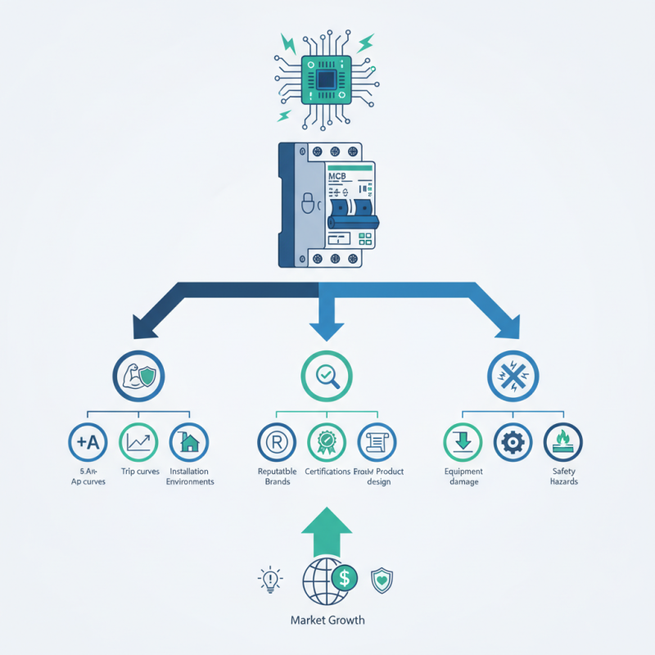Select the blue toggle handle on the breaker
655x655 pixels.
tap(351, 219)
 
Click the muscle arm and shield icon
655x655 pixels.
tap(138, 376)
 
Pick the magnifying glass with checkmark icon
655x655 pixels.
tap(327, 376)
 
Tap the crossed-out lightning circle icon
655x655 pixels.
tap(513, 376)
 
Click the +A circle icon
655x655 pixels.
tap(88, 443)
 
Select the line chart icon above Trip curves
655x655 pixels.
tap(138, 443)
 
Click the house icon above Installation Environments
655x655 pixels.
tap(189, 443)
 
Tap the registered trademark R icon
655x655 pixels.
tap(276, 443)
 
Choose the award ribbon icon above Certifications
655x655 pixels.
tap(326, 443)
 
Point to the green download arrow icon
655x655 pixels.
tap(463, 443)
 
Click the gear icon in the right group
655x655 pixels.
tap(513, 443)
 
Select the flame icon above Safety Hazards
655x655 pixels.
tap(563, 443)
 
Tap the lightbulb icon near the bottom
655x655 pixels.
tap(269, 580)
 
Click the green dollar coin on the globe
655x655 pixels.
tap(344, 579)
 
